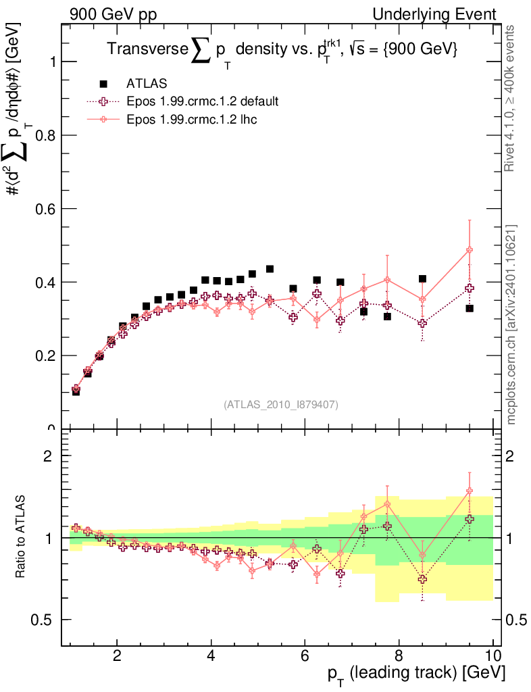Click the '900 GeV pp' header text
click(113, 14)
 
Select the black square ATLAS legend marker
click(104, 84)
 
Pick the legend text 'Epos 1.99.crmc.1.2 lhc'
click(191, 119)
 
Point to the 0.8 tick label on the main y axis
click(45, 135)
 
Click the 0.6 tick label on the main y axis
click(45, 209)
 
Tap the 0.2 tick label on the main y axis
click(45, 355)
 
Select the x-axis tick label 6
click(305, 656)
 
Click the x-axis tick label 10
click(492, 656)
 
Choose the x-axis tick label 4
click(211, 656)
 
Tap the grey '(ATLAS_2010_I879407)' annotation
click(281, 405)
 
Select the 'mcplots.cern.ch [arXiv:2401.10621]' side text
click(511, 324)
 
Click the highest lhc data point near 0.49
click(470, 250)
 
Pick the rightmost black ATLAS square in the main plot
click(470, 308)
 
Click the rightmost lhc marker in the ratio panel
click(470, 491)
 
